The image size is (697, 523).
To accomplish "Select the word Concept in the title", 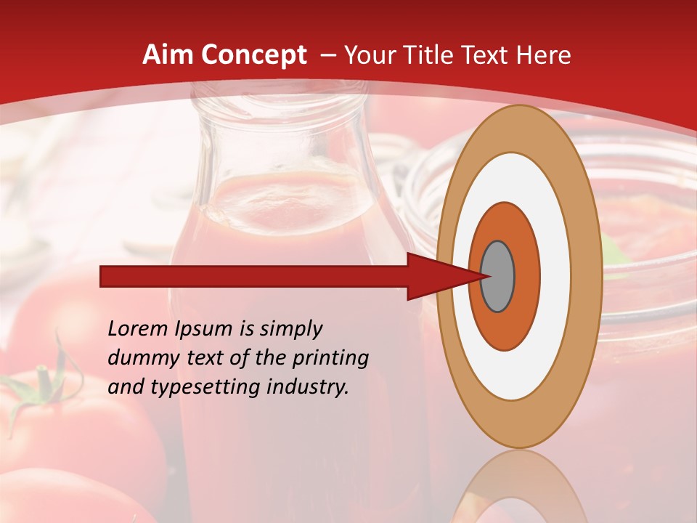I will [253, 55].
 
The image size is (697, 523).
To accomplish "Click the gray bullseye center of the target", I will [498, 276].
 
